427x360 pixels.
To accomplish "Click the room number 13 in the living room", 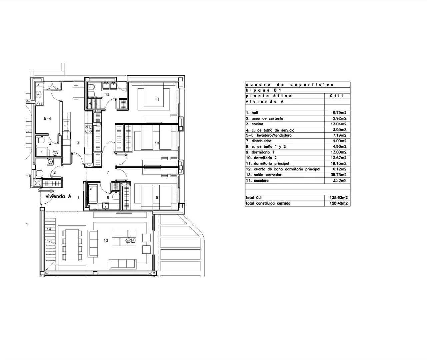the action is point(106,240).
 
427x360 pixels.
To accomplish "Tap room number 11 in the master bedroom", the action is point(157,100).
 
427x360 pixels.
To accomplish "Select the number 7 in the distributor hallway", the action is point(108,172).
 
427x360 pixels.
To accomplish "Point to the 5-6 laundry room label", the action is point(48,119).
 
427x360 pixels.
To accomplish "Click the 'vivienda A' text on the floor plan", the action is point(58,196).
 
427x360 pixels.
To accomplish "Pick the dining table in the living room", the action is point(72,245).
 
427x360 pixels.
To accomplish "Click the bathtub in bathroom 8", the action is point(93,194).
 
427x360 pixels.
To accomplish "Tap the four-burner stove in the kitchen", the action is point(89,129).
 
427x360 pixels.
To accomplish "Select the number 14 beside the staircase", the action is point(49,229).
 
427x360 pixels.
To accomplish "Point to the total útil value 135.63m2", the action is point(338,197).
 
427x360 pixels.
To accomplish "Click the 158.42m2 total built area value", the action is point(338,203).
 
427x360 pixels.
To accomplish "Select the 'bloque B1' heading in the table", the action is point(264,90).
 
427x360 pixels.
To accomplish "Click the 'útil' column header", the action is point(336,96).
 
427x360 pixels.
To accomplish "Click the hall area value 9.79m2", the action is point(339,113).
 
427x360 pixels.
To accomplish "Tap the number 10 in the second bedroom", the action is point(157,143).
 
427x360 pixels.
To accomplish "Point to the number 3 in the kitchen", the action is point(78,143).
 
